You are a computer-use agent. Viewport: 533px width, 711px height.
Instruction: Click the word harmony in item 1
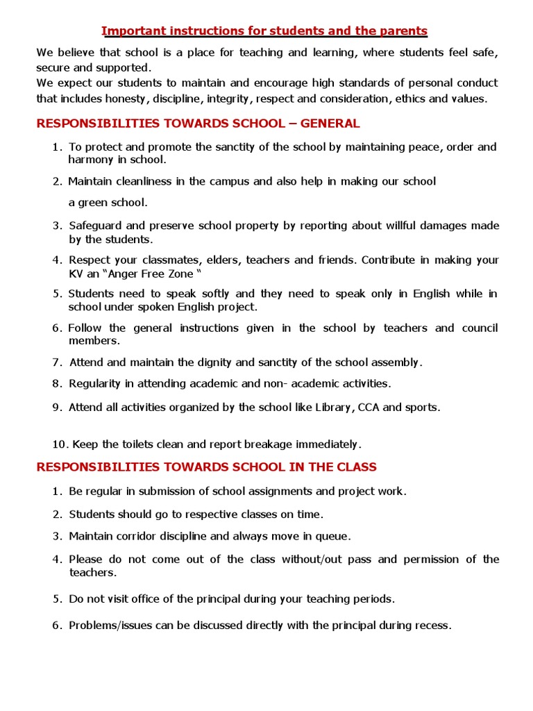[x=89, y=160]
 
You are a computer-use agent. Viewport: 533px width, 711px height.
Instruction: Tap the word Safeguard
[x=96, y=226]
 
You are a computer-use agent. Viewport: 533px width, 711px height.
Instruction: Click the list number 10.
[x=59, y=444]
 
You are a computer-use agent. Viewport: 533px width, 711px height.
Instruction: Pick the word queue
[x=334, y=536]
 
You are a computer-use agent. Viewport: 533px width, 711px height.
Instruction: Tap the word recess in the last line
[x=432, y=625]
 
